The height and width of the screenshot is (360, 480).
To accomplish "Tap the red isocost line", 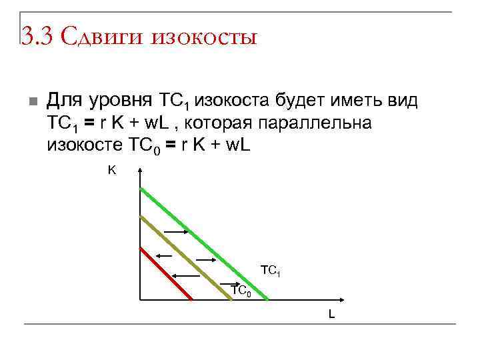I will [167, 273].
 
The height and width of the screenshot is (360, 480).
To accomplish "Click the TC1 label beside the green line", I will [271, 271].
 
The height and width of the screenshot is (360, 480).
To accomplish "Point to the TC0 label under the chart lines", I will [241, 291].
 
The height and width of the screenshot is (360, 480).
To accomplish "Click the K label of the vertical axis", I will [112, 171].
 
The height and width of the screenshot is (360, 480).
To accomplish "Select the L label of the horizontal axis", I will [331, 314].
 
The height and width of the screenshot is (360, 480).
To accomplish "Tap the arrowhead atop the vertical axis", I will [141, 172].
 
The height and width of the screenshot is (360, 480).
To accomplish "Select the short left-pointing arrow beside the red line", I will [164, 255].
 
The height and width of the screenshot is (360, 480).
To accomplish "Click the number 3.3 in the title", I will [35, 35].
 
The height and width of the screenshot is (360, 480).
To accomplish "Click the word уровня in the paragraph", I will [121, 102].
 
